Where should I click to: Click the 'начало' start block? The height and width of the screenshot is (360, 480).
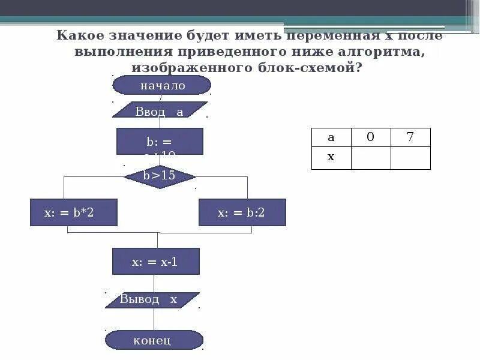[162, 85]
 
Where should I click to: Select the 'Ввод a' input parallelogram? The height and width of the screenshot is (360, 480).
[160, 110]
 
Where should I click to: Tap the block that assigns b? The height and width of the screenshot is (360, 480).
[160, 142]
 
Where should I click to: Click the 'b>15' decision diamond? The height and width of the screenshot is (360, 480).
[160, 176]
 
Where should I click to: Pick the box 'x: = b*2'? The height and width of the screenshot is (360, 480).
[74, 212]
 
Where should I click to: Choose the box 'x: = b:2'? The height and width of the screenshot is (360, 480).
[242, 212]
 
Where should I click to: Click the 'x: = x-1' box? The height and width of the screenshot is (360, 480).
[155, 262]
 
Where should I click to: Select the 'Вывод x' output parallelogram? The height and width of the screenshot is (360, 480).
[152, 300]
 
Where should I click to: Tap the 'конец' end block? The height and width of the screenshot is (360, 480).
[154, 340]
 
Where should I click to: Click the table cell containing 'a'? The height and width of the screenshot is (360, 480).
[331, 137]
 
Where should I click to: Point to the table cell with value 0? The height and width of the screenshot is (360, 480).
[370, 137]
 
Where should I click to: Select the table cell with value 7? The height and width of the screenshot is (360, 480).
[410, 137]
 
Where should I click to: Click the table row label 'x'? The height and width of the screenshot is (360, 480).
[331, 158]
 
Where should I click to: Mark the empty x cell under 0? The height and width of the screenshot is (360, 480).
[370, 158]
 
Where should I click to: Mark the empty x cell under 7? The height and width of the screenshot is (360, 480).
[410, 158]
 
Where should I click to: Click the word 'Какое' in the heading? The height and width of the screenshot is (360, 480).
[80, 35]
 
